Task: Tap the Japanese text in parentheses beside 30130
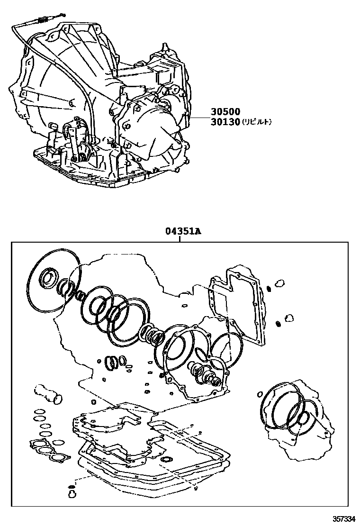click(x=257, y=122)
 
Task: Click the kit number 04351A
click(x=183, y=232)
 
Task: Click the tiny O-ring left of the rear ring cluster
click(x=260, y=393)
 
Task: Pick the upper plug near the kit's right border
click(x=280, y=284)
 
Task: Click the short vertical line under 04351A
click(x=180, y=239)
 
